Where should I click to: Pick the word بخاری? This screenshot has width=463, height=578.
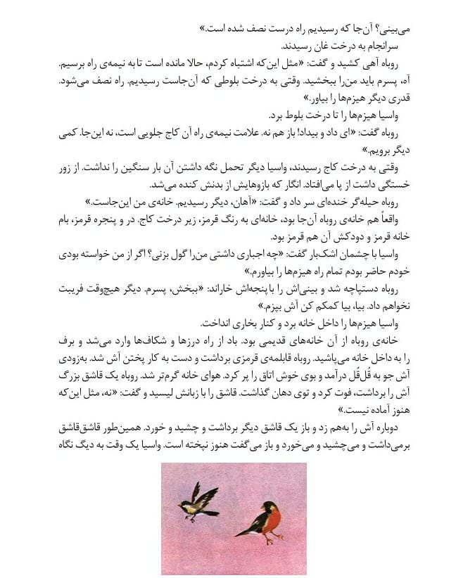[x=245, y=322]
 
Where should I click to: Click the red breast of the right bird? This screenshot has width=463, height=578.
[x=274, y=519]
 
